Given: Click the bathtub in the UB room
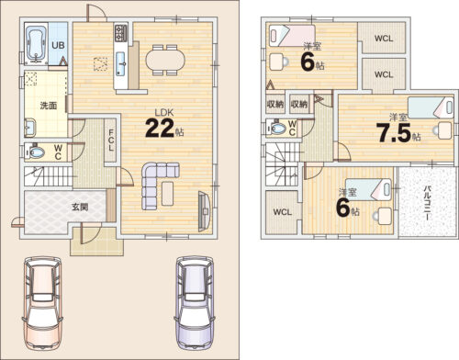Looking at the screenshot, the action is [x=37, y=44].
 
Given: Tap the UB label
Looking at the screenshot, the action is [x=58, y=45].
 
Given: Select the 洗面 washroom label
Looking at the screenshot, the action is [x=49, y=106].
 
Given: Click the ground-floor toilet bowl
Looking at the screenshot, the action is [x=36, y=152].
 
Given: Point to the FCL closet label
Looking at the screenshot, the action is [x=111, y=141].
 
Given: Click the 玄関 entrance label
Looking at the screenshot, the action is [x=80, y=207].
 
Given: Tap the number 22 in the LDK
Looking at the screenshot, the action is [x=160, y=128].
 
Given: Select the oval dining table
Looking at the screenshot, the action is [x=165, y=60].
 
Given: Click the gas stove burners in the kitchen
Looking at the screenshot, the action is [x=120, y=33].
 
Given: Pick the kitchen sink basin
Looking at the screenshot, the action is [x=120, y=63].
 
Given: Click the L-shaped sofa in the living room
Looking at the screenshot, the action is [x=159, y=186].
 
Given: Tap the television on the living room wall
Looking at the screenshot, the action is [x=204, y=211].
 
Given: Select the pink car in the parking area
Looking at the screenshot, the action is [x=42, y=303].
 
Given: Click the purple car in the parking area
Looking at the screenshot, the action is [x=195, y=303].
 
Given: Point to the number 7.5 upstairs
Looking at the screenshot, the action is [x=395, y=133].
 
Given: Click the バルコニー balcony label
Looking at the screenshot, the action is [x=426, y=202].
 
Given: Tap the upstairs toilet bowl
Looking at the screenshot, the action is [x=278, y=128].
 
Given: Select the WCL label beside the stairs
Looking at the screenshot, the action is [x=283, y=212].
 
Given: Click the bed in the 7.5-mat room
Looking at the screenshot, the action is [x=431, y=107].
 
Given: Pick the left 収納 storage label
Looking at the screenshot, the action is [x=275, y=104].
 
